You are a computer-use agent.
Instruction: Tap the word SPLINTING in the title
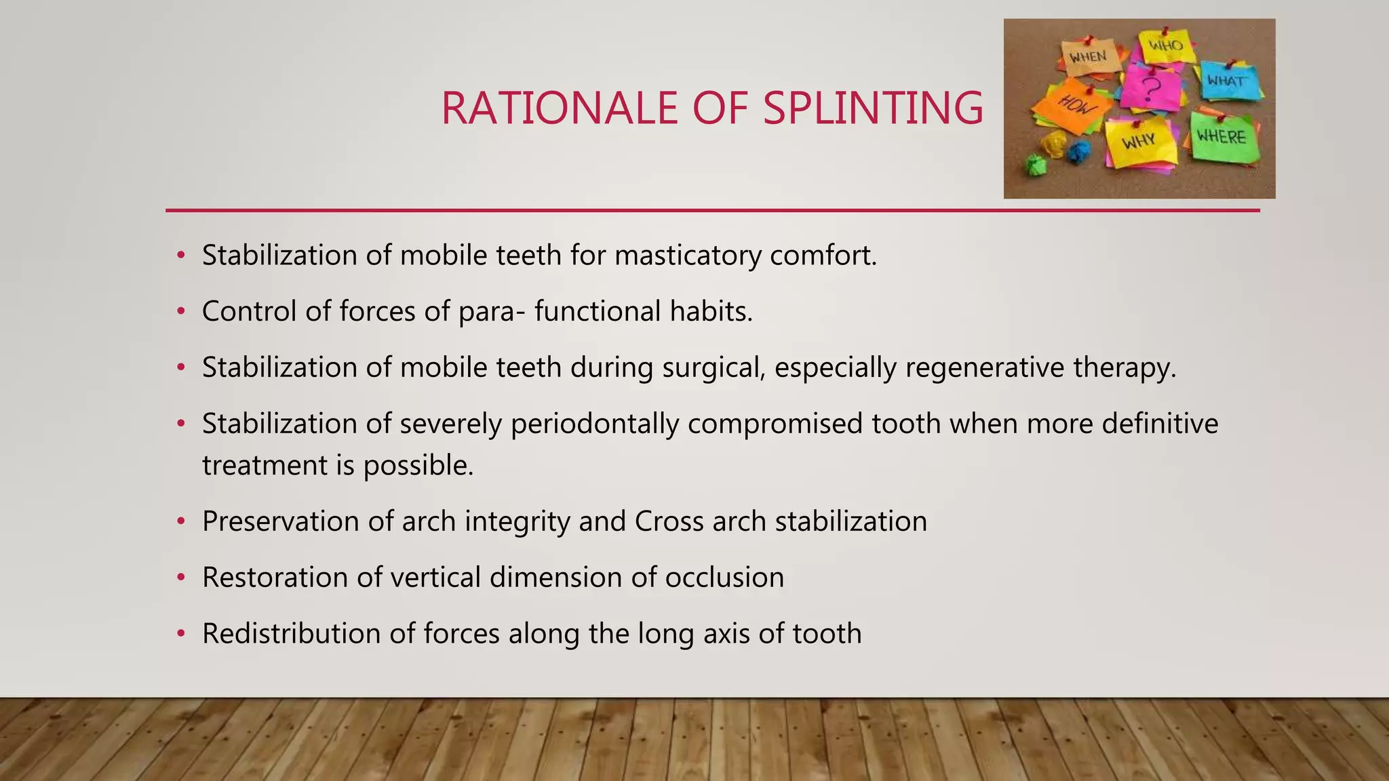[x=873, y=108]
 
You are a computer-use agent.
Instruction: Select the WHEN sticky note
[x=1089, y=58]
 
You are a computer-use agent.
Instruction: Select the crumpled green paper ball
[x=1035, y=165]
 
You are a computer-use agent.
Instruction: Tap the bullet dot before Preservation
[x=180, y=522]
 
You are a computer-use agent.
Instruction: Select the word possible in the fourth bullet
[x=418, y=466]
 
